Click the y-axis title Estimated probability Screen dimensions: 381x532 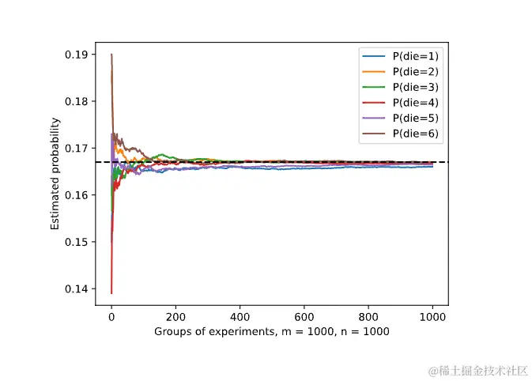(x=55, y=174)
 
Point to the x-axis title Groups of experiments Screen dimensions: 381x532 (x=271, y=331)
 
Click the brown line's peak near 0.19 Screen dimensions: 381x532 (x=111, y=55)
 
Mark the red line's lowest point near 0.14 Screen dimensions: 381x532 (x=111, y=292)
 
